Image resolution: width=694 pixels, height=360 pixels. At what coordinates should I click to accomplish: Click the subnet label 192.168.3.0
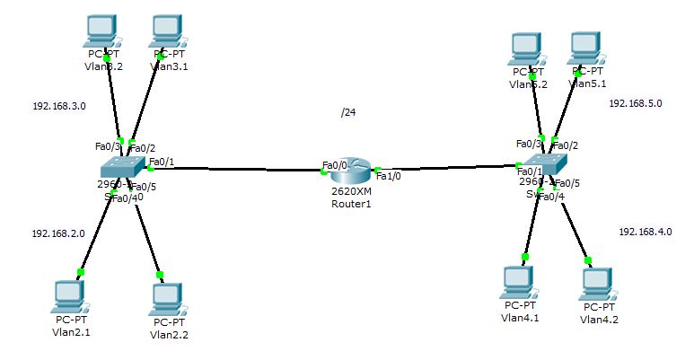(x=59, y=106)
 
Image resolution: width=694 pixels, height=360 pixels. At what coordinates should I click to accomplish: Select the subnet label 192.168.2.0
(x=58, y=233)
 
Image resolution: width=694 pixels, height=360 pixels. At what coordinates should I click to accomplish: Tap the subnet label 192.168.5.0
(x=635, y=103)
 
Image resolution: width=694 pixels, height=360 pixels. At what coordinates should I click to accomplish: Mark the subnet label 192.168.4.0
(x=645, y=232)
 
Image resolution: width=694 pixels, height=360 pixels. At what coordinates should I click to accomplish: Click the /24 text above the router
(x=348, y=113)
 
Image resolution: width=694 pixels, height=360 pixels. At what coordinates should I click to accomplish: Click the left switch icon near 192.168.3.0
(x=122, y=168)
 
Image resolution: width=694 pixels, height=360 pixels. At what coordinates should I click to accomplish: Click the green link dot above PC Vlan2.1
(x=80, y=271)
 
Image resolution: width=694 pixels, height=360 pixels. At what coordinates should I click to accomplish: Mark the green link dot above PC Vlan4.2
(x=588, y=260)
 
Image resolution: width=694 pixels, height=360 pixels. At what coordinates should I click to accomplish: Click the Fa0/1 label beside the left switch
(x=162, y=162)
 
